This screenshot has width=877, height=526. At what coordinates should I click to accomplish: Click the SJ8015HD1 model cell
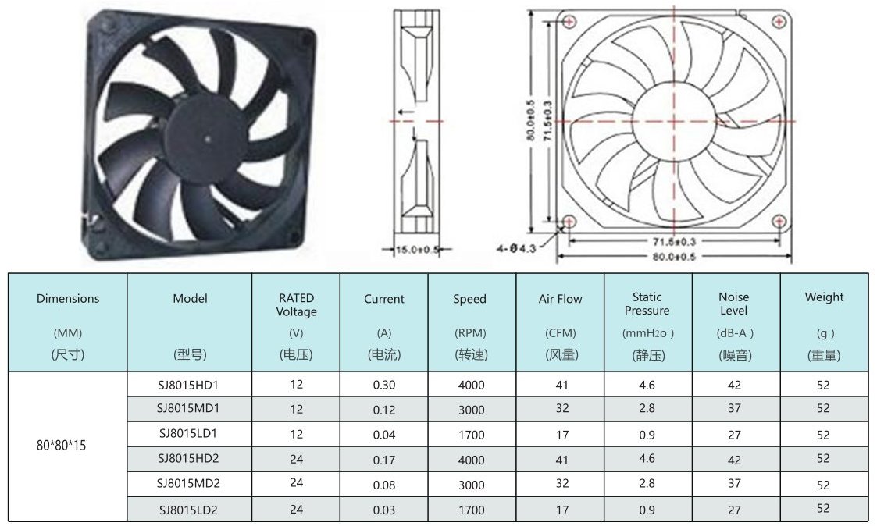click(188, 385)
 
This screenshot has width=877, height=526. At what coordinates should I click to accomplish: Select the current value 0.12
click(384, 410)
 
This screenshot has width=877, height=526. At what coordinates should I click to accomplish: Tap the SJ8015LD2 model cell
click(188, 510)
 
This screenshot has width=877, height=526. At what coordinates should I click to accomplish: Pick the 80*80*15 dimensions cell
click(62, 446)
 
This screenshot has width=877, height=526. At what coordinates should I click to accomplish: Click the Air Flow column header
click(561, 322)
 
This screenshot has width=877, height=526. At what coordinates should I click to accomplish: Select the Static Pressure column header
click(647, 322)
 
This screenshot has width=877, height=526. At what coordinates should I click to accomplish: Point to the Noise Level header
click(735, 322)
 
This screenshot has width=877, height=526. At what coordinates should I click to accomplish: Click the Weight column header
click(825, 322)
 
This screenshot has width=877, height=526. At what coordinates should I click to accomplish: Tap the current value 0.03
click(384, 510)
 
